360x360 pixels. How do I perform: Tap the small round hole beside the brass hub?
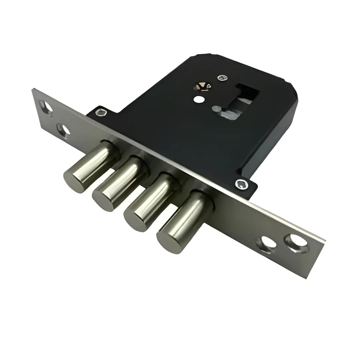199,99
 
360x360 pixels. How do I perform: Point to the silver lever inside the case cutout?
227,112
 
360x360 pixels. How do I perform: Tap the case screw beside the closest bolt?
241,184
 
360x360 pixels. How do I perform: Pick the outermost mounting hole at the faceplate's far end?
46,107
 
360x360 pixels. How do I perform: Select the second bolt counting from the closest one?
150,203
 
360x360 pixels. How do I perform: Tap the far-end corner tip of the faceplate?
33,89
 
